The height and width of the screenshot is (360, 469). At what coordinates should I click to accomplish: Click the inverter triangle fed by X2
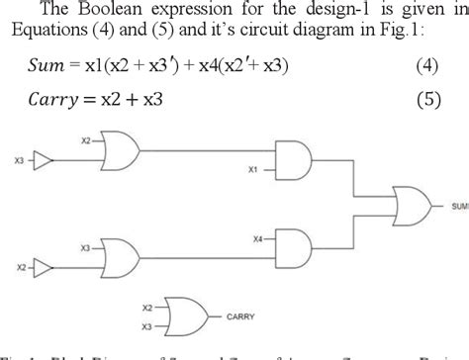click(43, 267)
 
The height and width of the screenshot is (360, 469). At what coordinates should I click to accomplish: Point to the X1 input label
click(252, 169)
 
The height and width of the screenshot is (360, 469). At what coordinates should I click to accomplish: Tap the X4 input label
click(256, 238)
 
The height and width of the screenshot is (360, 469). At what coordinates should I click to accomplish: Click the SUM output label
click(459, 207)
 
